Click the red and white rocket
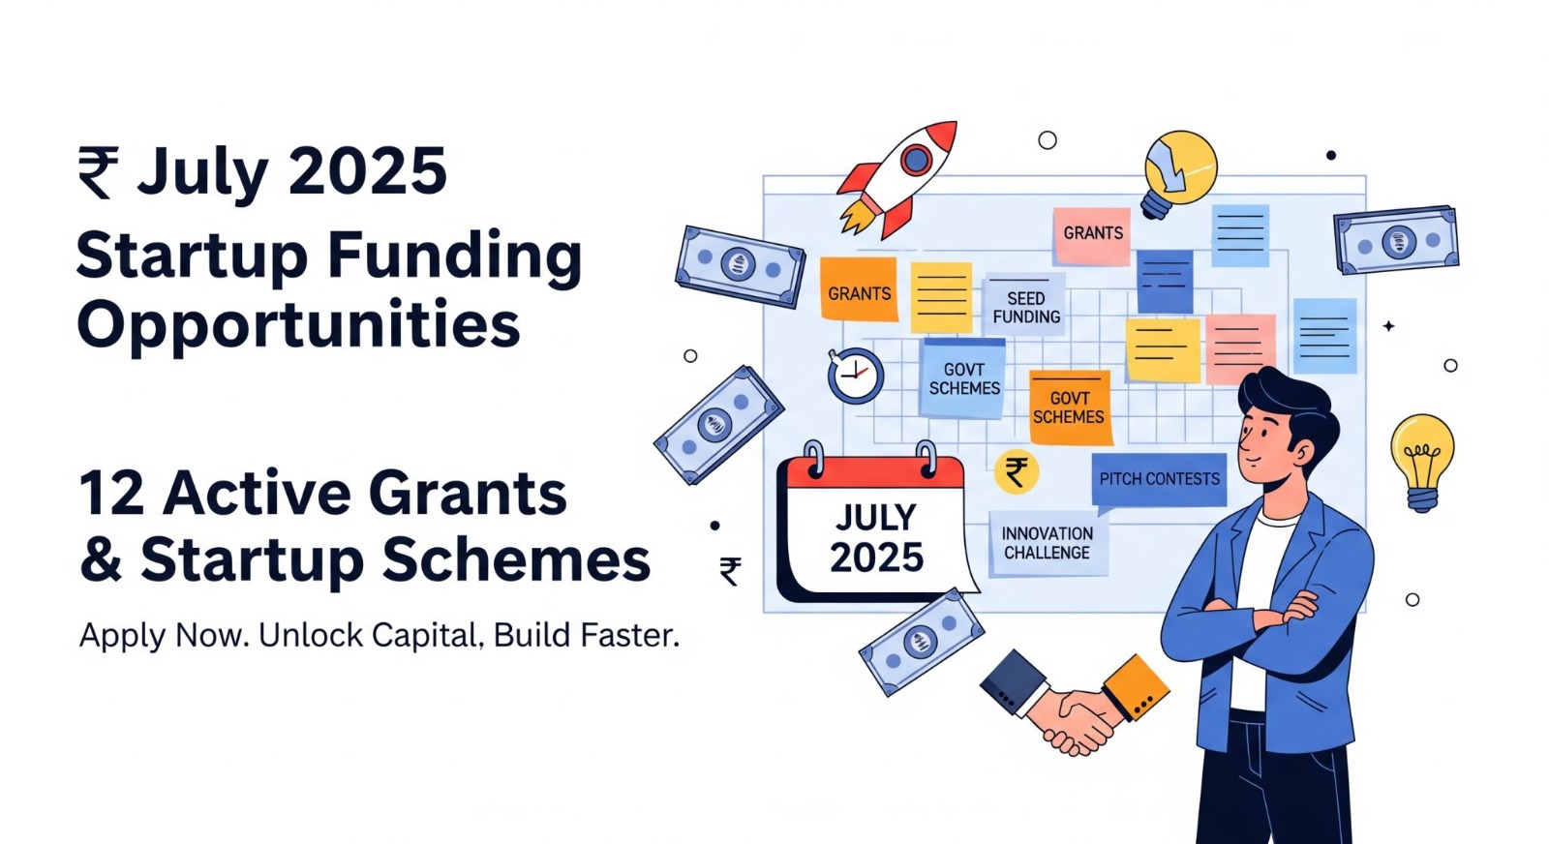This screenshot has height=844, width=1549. click(x=899, y=180)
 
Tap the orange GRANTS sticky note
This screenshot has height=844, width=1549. click(x=859, y=289)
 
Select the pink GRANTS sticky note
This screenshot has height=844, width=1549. click(x=1092, y=236)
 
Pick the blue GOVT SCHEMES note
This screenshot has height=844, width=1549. click(x=963, y=378)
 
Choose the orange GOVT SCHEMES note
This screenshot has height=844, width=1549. click(x=1070, y=407)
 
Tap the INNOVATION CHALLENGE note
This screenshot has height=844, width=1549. click(x=1048, y=543)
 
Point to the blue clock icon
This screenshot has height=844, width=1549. click(x=856, y=376)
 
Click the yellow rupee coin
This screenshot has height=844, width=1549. click(x=1016, y=471)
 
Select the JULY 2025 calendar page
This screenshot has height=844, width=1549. click(x=876, y=526)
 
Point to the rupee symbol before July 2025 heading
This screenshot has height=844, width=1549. click(x=98, y=172)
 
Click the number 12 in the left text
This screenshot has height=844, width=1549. click(x=112, y=493)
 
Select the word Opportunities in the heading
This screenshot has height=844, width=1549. click(x=298, y=326)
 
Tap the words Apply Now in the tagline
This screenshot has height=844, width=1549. click(x=164, y=636)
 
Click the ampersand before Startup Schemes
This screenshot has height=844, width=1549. click(x=101, y=559)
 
